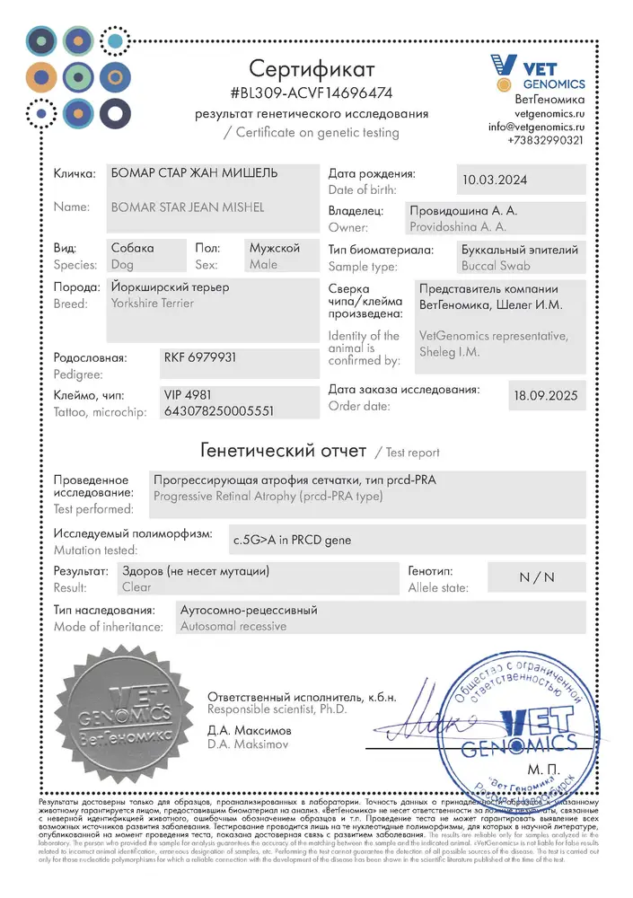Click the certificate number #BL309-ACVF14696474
(x=312, y=92)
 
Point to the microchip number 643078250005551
(x=218, y=410)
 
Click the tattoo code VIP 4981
(x=188, y=394)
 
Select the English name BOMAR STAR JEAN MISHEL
(x=187, y=207)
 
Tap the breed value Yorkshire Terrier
(x=152, y=304)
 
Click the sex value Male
(x=264, y=265)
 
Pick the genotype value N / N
(x=537, y=577)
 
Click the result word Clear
(x=136, y=587)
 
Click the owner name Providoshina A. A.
(x=458, y=227)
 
